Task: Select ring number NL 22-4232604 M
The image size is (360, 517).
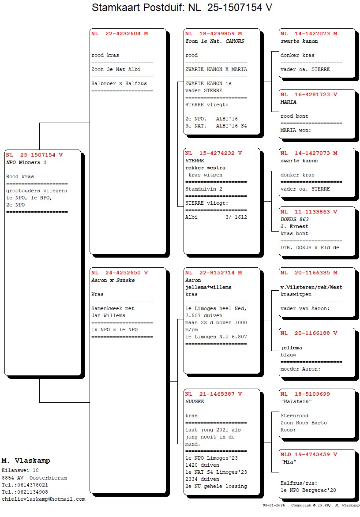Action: click(120, 34)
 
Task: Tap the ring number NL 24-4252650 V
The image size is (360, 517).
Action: click(120, 273)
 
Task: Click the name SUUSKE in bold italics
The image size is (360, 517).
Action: click(195, 401)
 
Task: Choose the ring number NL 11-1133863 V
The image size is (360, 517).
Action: click(309, 212)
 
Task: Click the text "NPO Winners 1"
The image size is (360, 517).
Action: click(26, 162)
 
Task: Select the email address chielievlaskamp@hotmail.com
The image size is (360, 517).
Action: click(44, 499)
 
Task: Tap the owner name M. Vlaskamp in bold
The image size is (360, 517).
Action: click(26, 461)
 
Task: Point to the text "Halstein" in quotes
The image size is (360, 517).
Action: click(296, 401)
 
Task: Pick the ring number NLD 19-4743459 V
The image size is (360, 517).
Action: click(309, 454)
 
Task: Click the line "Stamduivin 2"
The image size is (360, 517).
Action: click(204, 189)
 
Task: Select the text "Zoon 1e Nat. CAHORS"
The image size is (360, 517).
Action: click(215, 41)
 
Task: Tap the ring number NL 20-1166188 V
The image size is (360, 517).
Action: click(309, 333)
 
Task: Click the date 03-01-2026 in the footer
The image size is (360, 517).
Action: click(274, 505)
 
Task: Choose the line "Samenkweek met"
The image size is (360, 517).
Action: click(113, 309)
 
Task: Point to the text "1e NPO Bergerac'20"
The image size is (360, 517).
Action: click(308, 490)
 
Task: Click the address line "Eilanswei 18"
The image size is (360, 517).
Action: click(20, 471)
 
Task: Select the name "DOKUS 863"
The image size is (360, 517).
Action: click(295, 220)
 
